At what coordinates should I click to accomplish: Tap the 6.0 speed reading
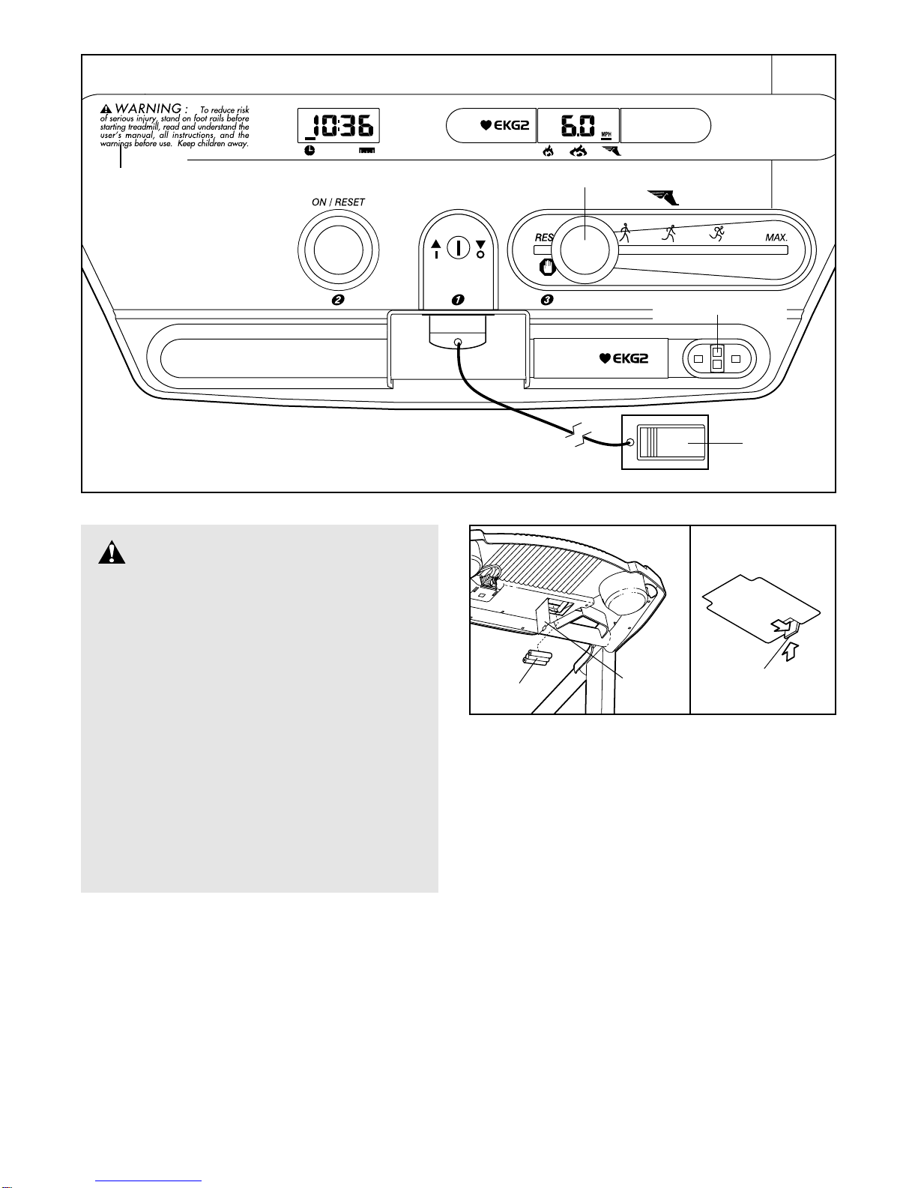click(x=576, y=125)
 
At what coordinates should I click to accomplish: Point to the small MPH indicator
click(x=606, y=136)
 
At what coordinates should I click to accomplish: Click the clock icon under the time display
click(x=309, y=151)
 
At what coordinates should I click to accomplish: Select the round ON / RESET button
click(x=338, y=250)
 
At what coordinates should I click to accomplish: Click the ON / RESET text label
click(x=338, y=202)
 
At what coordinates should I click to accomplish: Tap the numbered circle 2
click(x=338, y=300)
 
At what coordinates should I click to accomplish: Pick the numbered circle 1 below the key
click(x=457, y=300)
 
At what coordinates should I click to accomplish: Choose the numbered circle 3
click(x=547, y=300)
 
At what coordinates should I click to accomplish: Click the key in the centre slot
click(x=458, y=247)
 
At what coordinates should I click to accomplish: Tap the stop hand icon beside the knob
click(x=546, y=266)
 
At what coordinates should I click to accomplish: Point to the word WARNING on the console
click(x=148, y=109)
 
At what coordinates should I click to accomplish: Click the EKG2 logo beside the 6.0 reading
click(x=505, y=125)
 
